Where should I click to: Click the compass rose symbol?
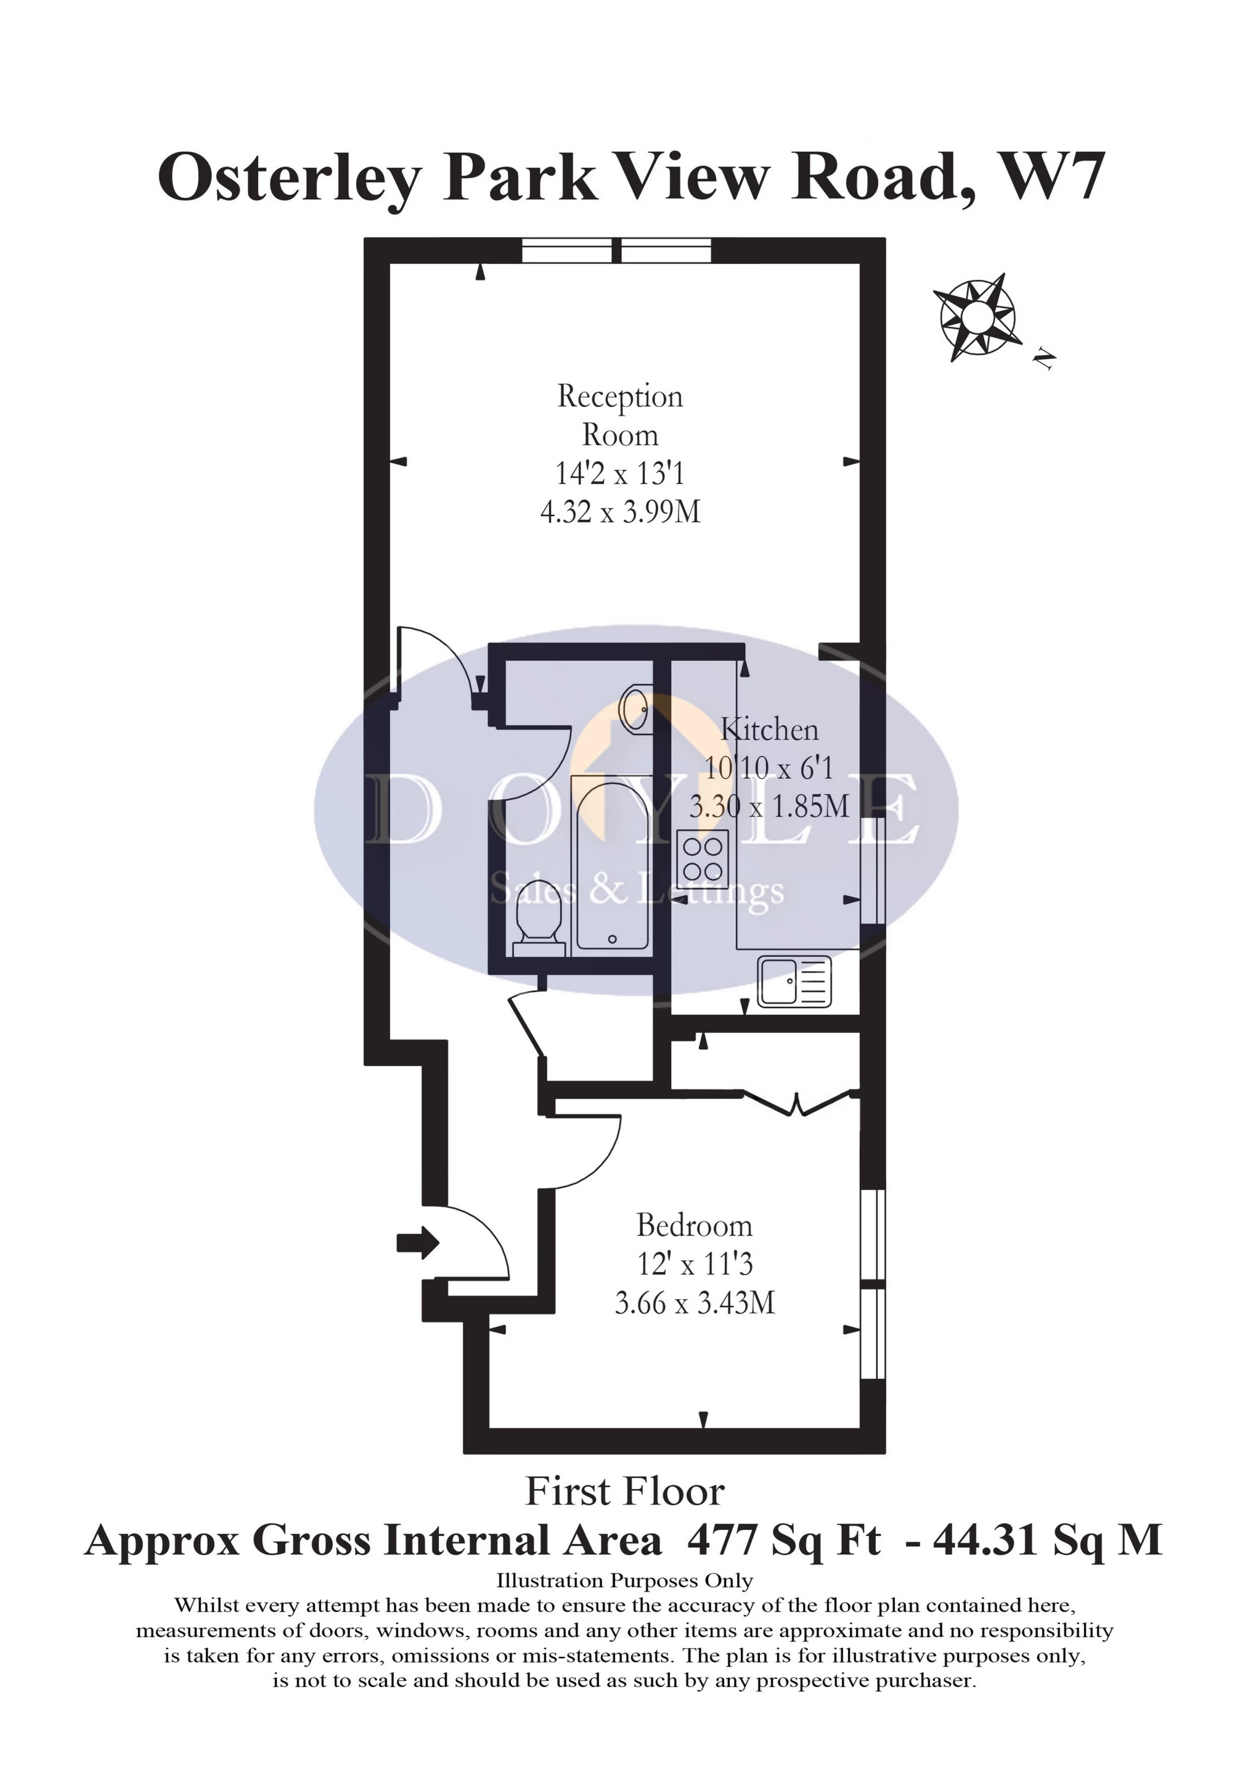[977, 316]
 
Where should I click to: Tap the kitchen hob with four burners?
[703, 858]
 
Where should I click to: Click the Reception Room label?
[620, 416]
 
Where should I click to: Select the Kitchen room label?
[770, 729]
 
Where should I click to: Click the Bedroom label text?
[695, 1225]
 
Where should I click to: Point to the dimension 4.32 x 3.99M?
[621, 512]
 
